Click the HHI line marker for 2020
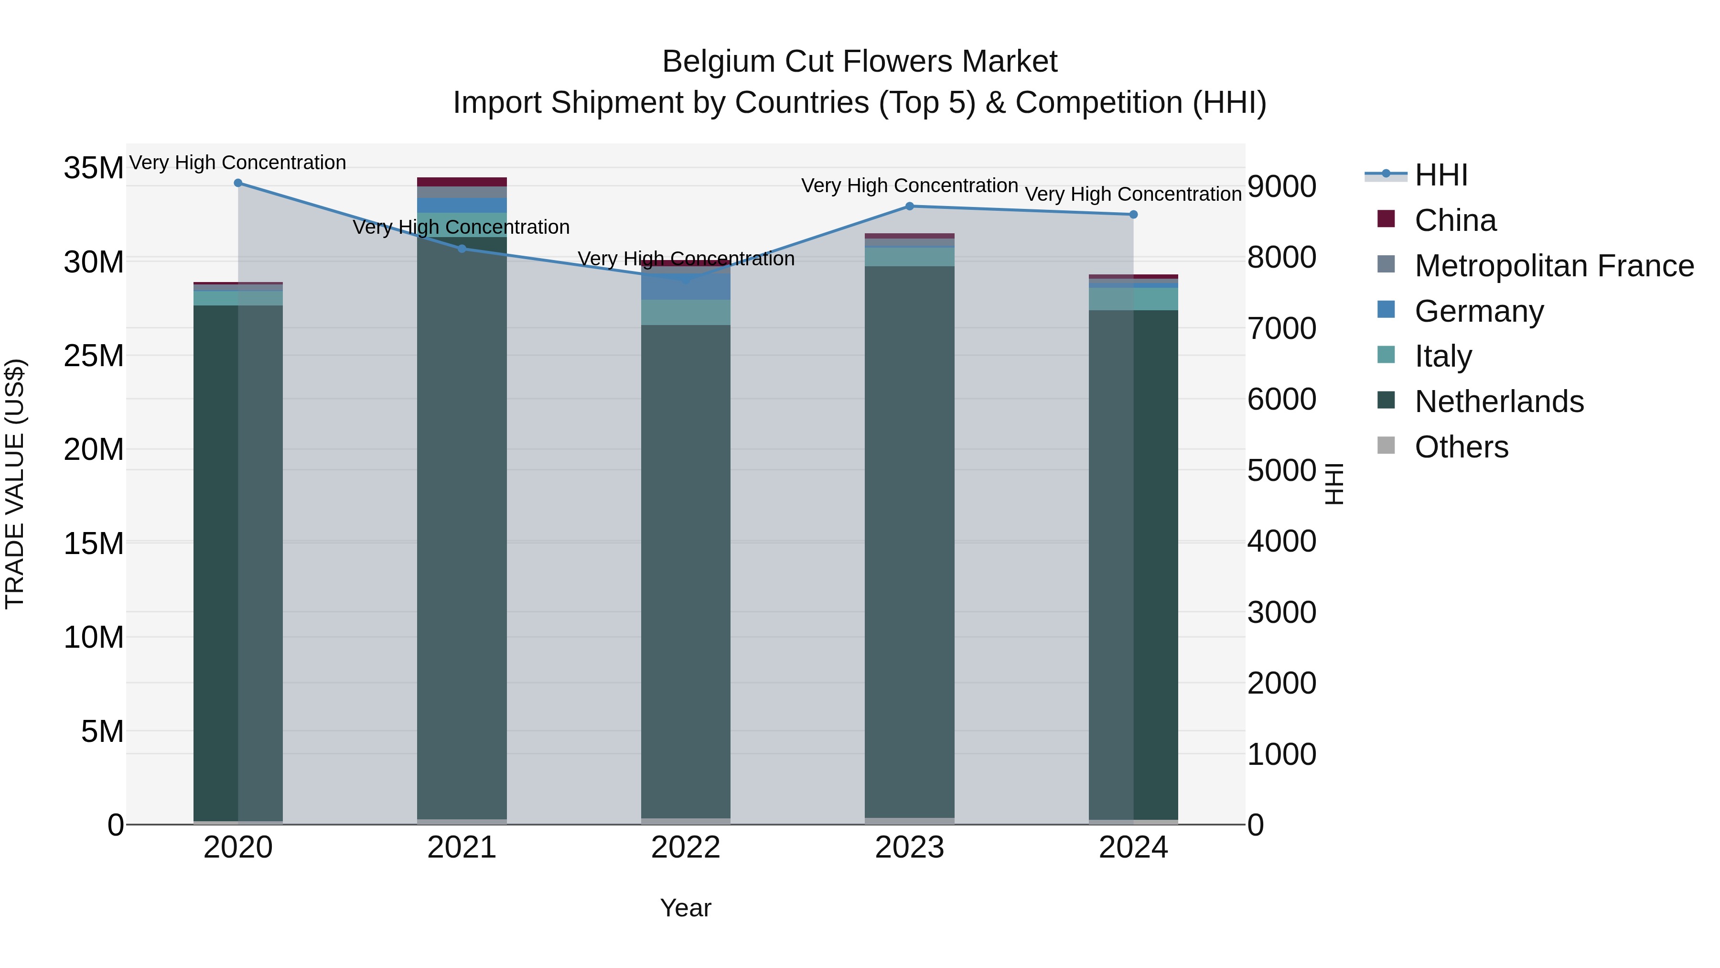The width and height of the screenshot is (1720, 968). (x=238, y=183)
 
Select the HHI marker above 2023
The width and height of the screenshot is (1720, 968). (x=909, y=207)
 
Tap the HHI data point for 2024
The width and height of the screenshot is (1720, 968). (x=1133, y=215)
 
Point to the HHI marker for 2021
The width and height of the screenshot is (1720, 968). (x=462, y=249)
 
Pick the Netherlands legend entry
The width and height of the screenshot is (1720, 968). (x=1498, y=402)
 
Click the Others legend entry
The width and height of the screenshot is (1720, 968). (x=1461, y=447)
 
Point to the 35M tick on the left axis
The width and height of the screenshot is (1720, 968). (x=94, y=168)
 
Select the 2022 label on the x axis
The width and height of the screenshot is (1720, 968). (x=685, y=848)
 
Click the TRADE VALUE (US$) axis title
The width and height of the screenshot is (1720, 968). (x=15, y=484)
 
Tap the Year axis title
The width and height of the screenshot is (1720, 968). (x=685, y=908)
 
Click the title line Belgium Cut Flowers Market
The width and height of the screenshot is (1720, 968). (x=860, y=62)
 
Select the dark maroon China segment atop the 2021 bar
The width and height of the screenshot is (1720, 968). (x=462, y=182)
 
